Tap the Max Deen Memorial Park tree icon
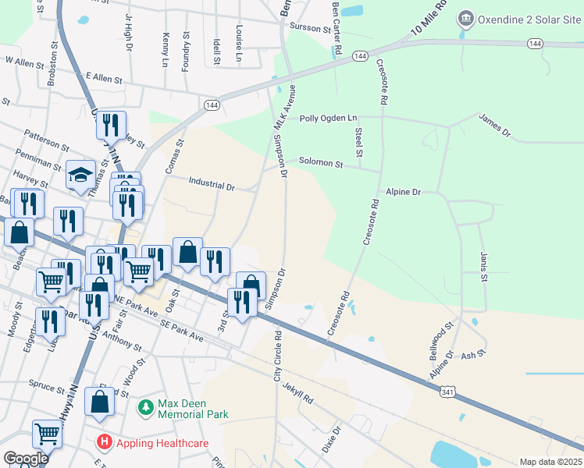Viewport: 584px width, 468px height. tap(145, 407)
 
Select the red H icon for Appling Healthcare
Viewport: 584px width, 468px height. tap(103, 442)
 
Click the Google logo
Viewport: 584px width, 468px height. tap(26, 459)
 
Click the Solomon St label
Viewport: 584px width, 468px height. tap(321, 164)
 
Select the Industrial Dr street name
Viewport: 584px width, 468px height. tap(212, 186)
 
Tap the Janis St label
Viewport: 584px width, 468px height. tap(484, 266)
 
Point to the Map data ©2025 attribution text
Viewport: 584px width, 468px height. tap(550, 462)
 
